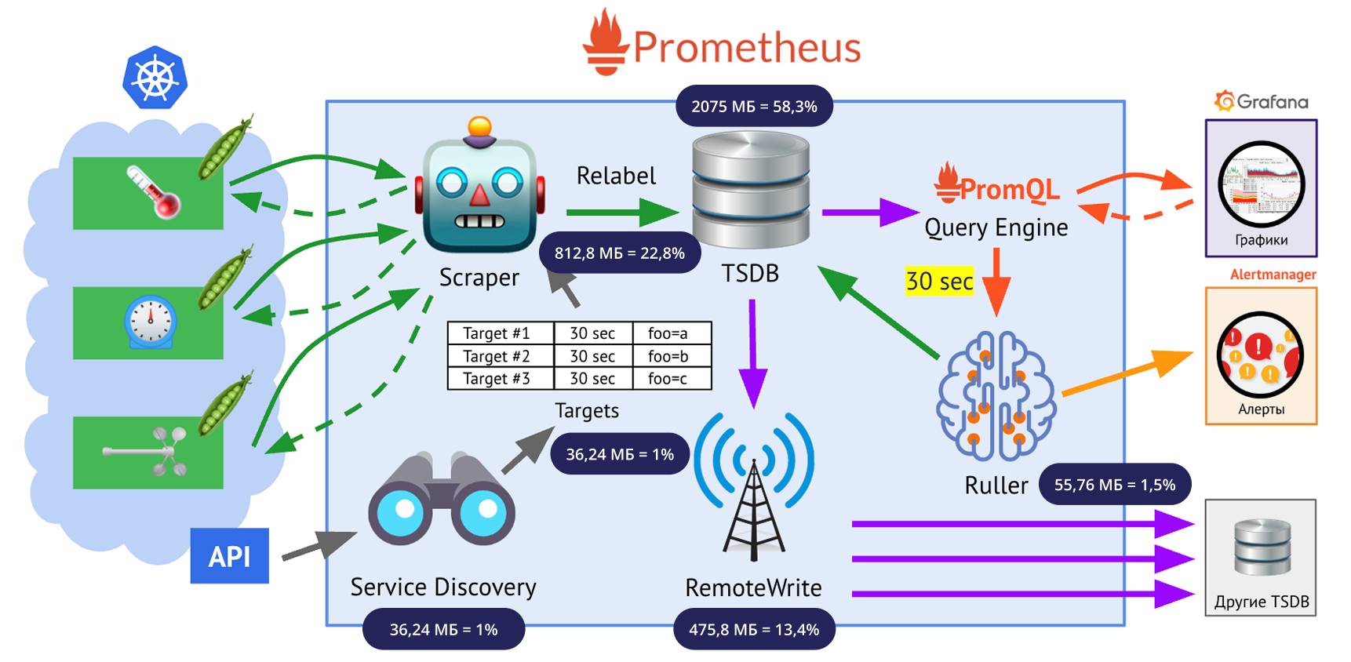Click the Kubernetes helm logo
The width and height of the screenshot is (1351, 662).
155,78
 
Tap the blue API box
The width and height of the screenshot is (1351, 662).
229,556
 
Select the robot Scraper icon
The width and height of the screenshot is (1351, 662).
479,189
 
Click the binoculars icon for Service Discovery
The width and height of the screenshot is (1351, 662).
442,502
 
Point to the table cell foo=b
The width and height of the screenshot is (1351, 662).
668,356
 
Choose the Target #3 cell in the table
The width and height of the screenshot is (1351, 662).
497,379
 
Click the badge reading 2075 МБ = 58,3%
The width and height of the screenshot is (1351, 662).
754,107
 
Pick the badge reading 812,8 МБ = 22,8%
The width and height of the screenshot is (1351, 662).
620,253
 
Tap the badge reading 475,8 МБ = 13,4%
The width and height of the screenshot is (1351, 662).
754,629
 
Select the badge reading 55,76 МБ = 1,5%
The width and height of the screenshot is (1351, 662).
1114,485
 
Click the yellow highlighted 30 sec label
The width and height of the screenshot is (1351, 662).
939,281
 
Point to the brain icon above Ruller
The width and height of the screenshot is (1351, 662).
996,396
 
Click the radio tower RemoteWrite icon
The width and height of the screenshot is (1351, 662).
754,486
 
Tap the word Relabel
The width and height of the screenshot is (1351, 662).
616,176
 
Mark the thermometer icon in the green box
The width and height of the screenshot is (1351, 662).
154,191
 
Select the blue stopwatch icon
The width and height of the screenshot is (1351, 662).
150,322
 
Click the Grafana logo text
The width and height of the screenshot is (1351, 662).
1272,102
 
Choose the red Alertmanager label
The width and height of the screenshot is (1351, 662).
1273,275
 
